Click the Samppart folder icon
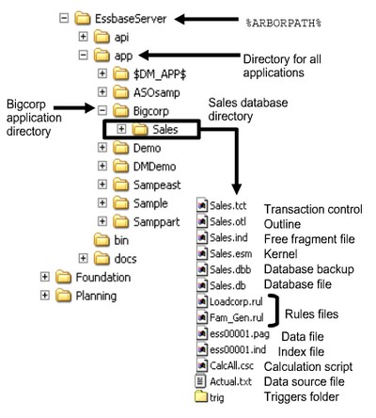tap(120, 220)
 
